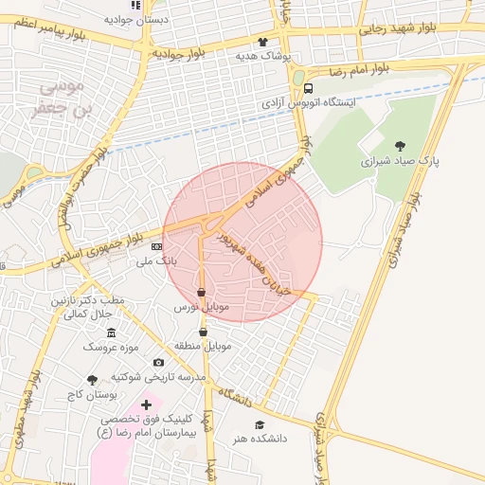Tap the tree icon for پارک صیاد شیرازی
(401, 145)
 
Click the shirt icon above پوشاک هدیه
(262, 42)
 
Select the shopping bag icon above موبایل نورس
(201, 293)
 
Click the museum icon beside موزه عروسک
(112, 332)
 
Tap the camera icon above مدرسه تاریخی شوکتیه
(157, 362)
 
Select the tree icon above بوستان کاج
(92, 380)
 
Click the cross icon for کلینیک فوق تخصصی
(146, 404)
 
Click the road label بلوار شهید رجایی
(397, 29)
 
